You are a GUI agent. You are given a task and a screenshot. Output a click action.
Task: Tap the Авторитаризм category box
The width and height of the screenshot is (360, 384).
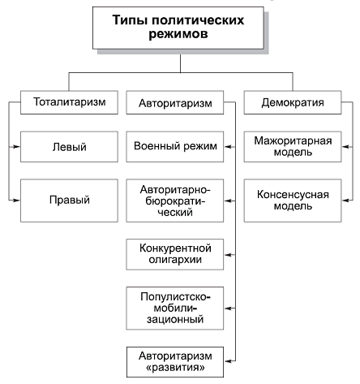point(176,103)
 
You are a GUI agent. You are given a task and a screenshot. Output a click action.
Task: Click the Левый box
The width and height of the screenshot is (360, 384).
point(65,148)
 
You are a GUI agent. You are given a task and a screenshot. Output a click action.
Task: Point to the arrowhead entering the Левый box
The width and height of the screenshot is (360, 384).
point(16,148)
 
